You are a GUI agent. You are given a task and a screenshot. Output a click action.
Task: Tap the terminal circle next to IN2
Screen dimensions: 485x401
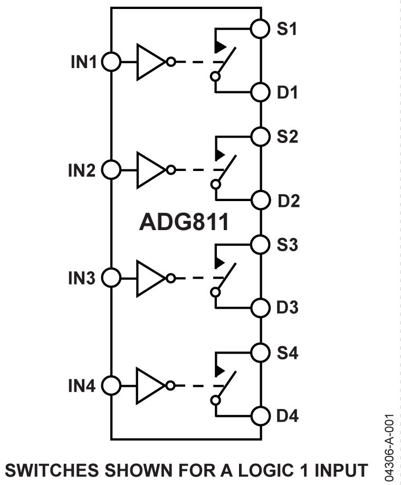coord(111,170)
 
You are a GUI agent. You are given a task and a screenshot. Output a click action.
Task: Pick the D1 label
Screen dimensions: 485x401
coord(288,93)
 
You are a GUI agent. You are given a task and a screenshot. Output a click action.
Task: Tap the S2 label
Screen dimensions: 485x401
coord(288,137)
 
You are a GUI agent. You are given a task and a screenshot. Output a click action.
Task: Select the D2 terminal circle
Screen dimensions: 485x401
coord(260,201)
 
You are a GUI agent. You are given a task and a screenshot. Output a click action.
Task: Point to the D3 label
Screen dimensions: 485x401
coord(288,308)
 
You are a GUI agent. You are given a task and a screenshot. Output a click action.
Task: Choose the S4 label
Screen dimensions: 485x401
coord(288,353)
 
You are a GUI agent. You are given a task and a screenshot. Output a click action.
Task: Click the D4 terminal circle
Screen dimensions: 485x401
coord(260,416)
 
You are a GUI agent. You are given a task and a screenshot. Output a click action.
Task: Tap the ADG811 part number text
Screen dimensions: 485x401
coord(184,223)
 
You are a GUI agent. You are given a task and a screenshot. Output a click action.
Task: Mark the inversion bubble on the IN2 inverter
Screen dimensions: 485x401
coord(170,170)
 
